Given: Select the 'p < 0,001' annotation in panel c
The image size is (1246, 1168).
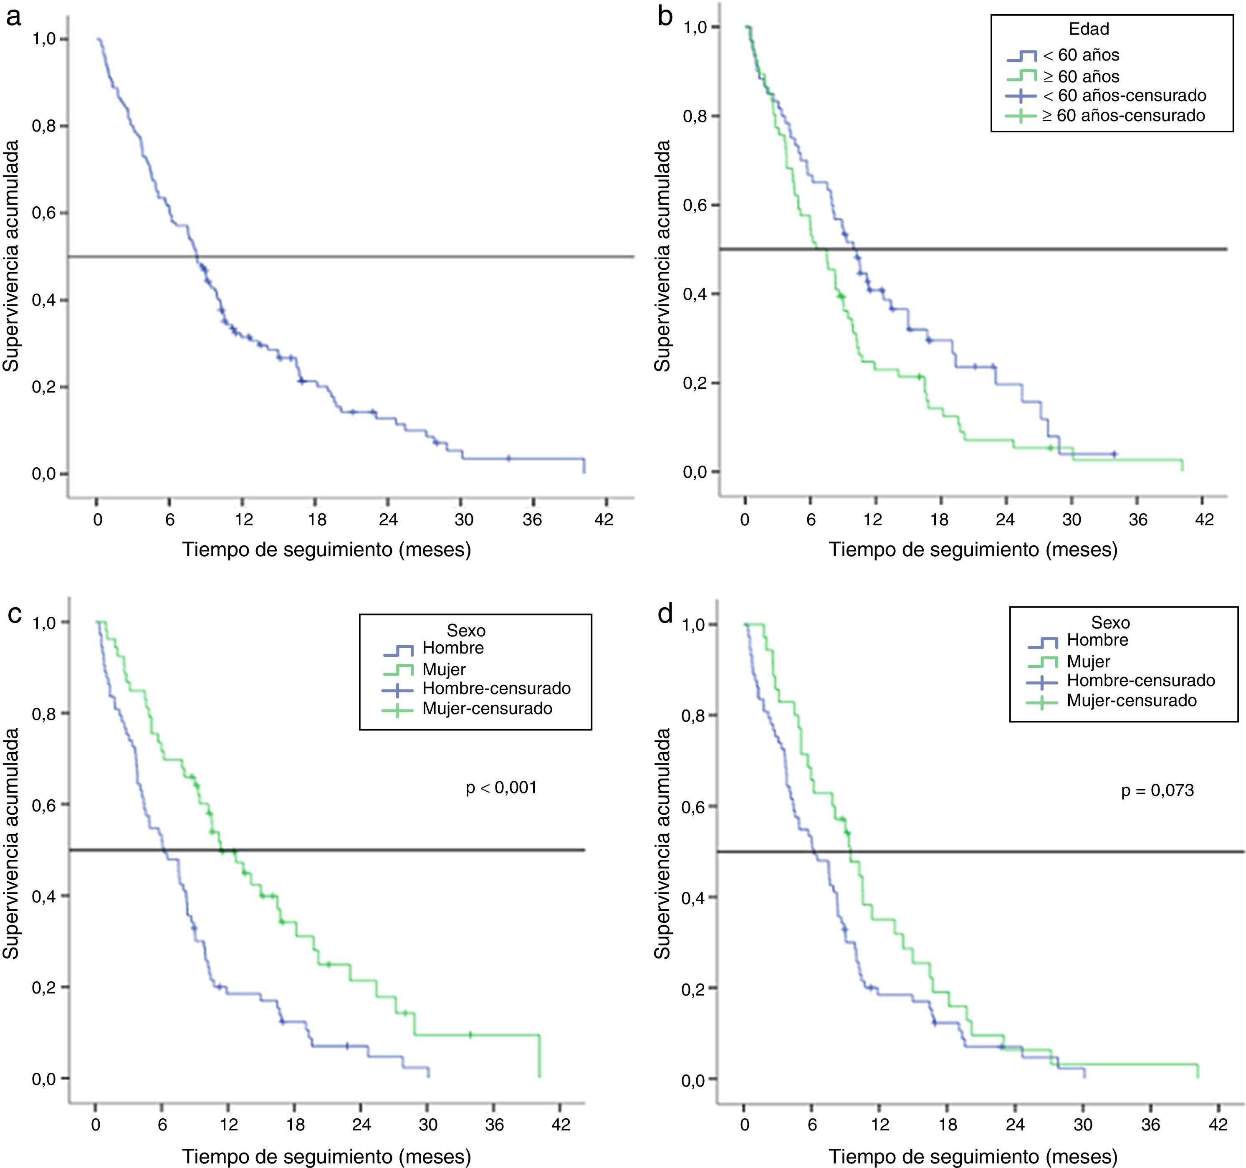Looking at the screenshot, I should [x=501, y=788].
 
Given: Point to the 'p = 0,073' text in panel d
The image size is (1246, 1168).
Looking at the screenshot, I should [x=1157, y=790].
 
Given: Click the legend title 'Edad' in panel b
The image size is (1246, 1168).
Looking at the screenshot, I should [x=1089, y=29].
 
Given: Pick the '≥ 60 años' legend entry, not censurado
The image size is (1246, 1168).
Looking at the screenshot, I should [x=1081, y=76].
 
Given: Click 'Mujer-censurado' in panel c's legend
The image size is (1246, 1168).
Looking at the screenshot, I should [x=487, y=709].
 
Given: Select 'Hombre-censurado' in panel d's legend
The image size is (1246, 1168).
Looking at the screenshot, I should [x=1141, y=680].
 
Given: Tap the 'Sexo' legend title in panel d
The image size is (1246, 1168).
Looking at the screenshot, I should [x=1110, y=623].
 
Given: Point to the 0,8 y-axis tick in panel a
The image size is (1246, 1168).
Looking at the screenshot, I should [x=45, y=126].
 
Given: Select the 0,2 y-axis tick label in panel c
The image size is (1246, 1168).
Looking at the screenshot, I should [x=45, y=987].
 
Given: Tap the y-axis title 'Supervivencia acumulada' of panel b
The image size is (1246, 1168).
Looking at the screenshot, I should [x=662, y=256].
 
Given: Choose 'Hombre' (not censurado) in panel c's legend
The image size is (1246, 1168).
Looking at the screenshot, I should [x=452, y=648].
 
